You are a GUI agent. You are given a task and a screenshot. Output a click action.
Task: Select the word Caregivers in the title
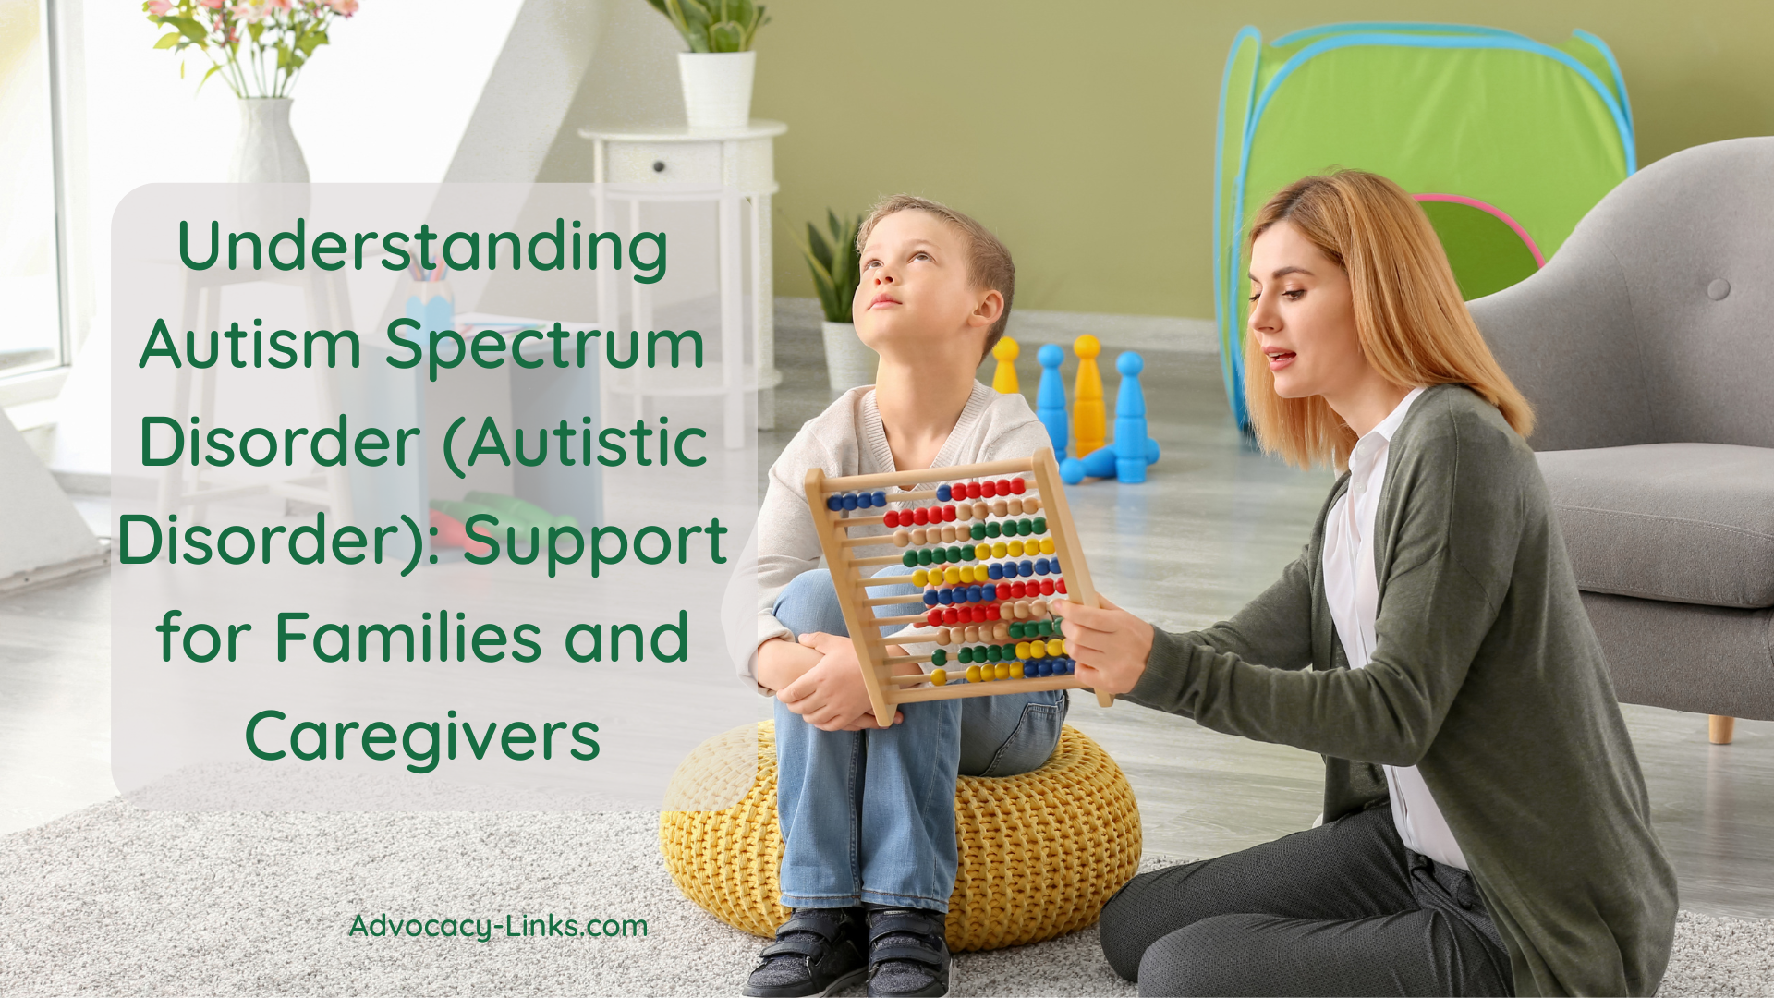point(422,738)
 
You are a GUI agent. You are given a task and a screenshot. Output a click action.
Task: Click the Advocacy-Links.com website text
point(498,927)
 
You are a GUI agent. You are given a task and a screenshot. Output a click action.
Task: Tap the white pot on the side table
point(716,89)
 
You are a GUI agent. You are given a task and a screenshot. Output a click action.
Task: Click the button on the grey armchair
point(1718,289)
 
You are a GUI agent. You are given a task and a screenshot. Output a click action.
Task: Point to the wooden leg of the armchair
point(1719,728)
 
